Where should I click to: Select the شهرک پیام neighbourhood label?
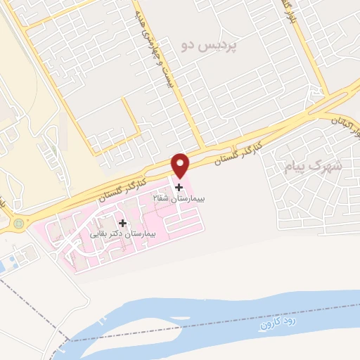click(314, 167)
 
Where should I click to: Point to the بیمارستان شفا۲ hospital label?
click(179, 200)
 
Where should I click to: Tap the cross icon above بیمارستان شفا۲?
click(179, 188)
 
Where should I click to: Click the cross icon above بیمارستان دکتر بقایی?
click(122, 222)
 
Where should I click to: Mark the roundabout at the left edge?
click(18, 225)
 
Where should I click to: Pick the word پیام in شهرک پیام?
click(298, 167)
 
